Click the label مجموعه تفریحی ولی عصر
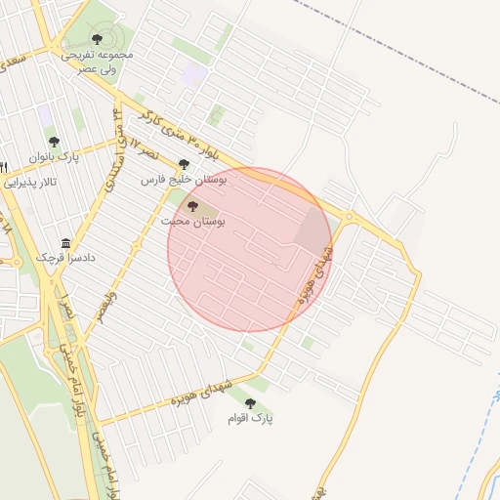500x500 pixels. tap(97, 62)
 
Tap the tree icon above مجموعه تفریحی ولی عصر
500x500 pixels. tap(97, 38)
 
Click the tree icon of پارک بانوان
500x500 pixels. tap(53, 143)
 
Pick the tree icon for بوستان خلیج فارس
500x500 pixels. tap(184, 164)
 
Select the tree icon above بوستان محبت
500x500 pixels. tap(191, 206)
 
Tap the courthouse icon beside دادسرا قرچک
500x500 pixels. tap(65, 242)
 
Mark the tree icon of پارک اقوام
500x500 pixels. tap(250, 401)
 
